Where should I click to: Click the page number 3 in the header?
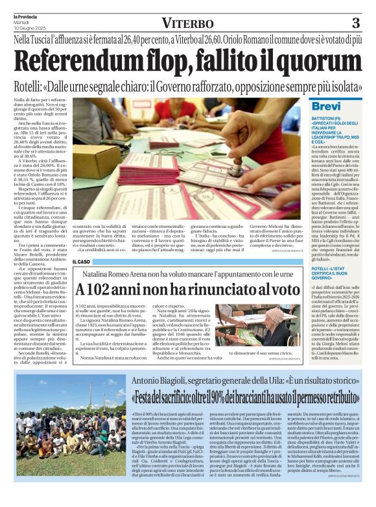pyautogui.click(x=355, y=23)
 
